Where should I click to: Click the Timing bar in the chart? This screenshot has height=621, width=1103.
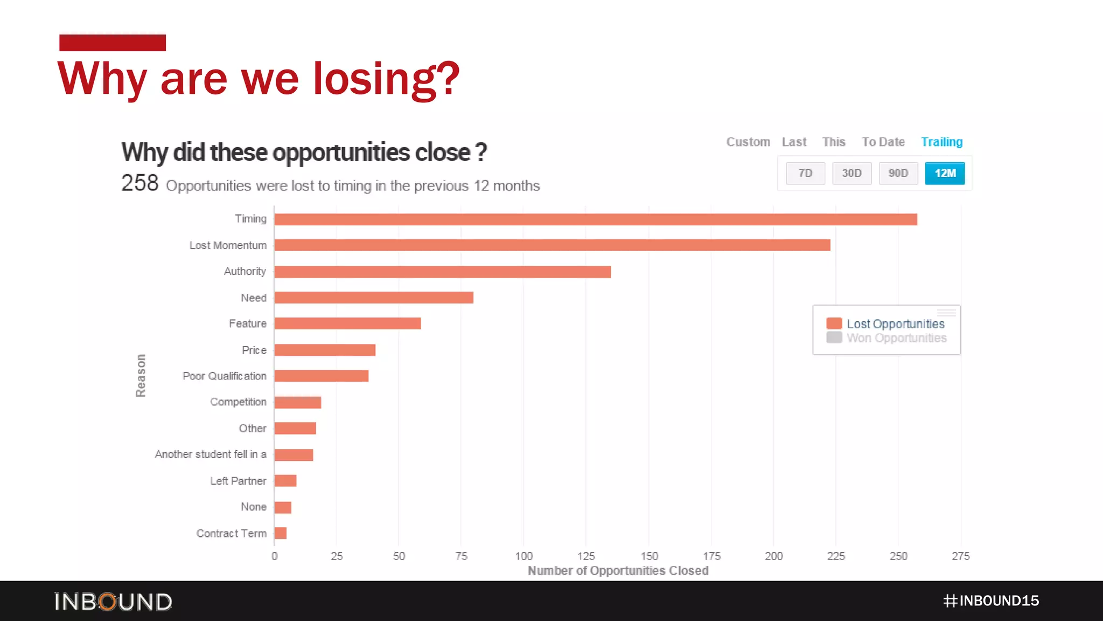(595, 219)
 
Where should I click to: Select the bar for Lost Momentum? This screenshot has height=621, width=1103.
(552, 245)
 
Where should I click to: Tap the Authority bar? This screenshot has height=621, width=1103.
(442, 272)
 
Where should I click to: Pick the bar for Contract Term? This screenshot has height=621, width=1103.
(280, 533)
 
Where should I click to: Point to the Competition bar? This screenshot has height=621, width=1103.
(297, 402)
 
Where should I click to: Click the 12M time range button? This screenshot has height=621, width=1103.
(945, 173)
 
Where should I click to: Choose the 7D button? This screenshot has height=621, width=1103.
(805, 173)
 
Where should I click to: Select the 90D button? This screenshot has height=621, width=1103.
(898, 173)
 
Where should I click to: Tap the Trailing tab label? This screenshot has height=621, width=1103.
(941, 142)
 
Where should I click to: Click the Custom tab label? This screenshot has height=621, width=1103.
(748, 142)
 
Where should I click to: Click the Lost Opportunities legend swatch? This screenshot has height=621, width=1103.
(834, 323)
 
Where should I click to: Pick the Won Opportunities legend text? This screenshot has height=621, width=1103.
(896, 338)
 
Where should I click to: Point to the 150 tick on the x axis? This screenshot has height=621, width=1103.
(649, 556)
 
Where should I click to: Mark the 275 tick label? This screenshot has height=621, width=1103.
(960, 556)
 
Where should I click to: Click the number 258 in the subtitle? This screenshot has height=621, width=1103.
(139, 183)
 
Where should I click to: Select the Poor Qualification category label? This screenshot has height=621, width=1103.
(224, 376)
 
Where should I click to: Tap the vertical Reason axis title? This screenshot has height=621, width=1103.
(141, 375)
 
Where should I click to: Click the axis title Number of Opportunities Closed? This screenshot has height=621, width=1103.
(618, 570)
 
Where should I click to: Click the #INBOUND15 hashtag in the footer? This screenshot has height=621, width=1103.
(991, 601)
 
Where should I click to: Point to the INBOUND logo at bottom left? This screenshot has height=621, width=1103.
(113, 602)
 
